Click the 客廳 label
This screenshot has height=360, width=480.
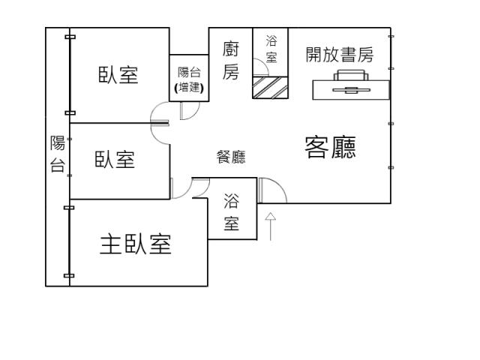pyautogui.click(x=330, y=148)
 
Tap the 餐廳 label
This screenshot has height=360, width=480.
pyautogui.click(x=231, y=157)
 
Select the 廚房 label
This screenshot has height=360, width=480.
pyautogui.click(x=231, y=61)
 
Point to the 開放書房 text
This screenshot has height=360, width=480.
pyautogui.click(x=340, y=54)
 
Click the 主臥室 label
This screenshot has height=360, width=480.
pyautogui.click(x=136, y=244)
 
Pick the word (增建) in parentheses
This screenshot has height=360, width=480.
pyautogui.click(x=188, y=87)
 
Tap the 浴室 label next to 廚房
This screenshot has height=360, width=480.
pyautogui.click(x=271, y=49)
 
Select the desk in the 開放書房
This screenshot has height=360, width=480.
pyautogui.click(x=351, y=89)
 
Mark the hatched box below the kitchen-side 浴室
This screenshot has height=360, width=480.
pyautogui.click(x=270, y=87)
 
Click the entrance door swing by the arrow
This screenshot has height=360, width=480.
pyautogui.click(x=272, y=190)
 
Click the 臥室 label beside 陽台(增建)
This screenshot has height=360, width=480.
pyautogui.click(x=118, y=75)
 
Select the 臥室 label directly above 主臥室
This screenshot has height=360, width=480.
pyautogui.click(x=115, y=160)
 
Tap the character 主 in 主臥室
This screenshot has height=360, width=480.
pyautogui.click(x=109, y=244)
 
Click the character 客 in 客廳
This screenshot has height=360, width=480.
pyautogui.click(x=316, y=148)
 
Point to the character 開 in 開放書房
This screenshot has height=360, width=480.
pyautogui.click(x=314, y=54)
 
